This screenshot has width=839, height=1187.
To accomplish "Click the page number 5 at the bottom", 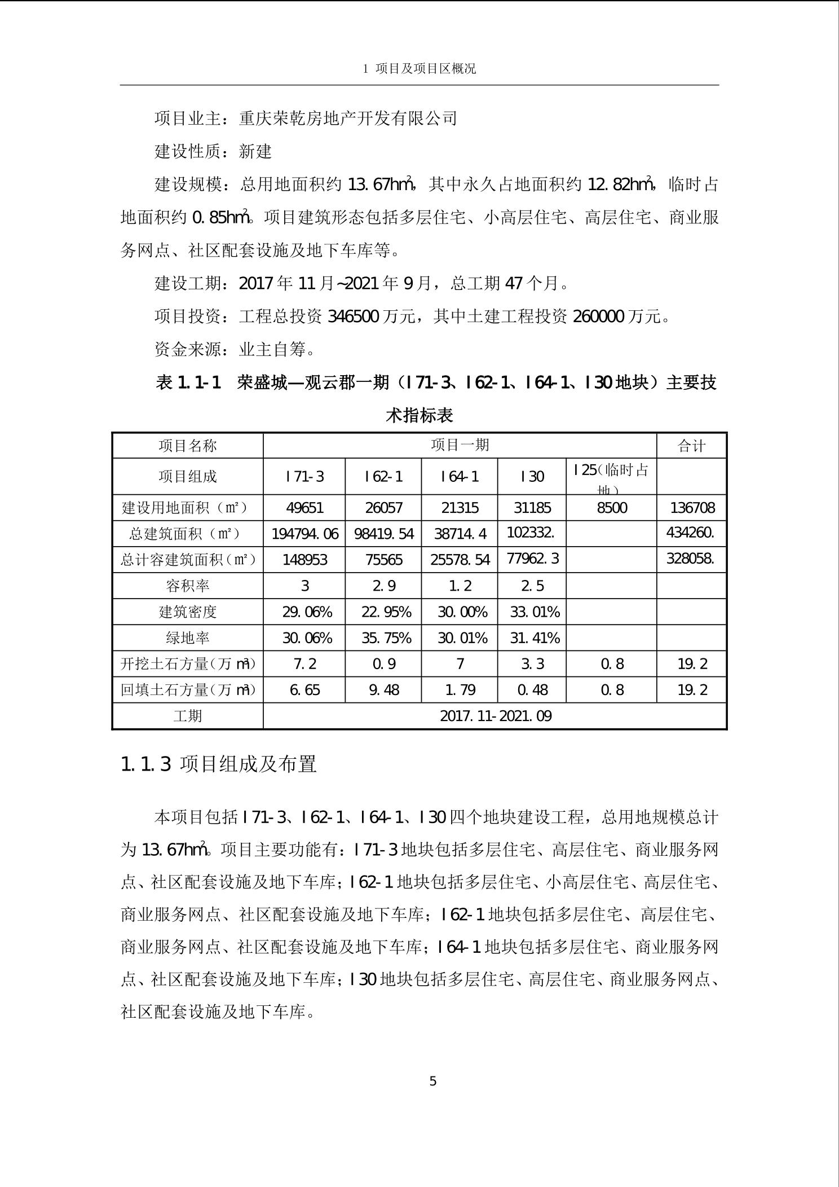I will tap(432, 1081).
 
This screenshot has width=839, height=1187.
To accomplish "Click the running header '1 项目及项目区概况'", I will tap(419, 69).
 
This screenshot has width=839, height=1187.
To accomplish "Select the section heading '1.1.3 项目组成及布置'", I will tap(219, 764).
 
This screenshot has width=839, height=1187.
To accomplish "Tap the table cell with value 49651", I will tap(304, 508).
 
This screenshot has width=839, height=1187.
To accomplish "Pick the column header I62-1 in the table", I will tap(383, 477).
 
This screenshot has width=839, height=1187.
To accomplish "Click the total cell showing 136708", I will tap(692, 508).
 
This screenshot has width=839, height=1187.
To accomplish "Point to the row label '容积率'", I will tap(188, 586).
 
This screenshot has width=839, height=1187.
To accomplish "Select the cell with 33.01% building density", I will tap(532, 612).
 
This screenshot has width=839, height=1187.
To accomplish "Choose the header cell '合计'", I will tap(691, 446).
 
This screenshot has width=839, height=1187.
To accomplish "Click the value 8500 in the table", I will tap(612, 508).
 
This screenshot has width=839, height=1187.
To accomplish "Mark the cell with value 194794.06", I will tap(304, 534).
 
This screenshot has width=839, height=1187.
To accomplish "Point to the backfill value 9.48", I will tap(384, 690).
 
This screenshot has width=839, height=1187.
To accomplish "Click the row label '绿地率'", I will tap(188, 638).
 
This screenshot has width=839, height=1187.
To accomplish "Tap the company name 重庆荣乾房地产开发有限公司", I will tap(348, 118).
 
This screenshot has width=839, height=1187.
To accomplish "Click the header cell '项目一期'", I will tap(460, 445).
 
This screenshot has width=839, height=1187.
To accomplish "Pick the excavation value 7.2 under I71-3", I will tap(304, 664).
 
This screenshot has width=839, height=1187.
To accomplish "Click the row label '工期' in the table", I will tap(188, 716).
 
